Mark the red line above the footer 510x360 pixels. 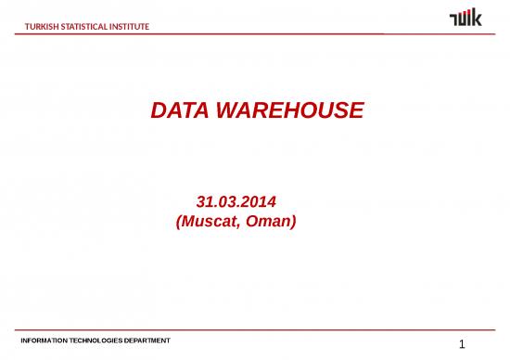coord(255,328)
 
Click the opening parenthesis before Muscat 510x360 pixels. coord(178,223)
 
